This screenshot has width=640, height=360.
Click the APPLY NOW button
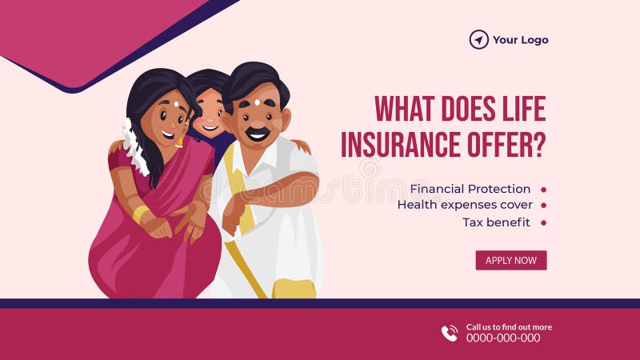pos(511,260)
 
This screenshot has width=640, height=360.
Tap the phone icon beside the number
pos(450,333)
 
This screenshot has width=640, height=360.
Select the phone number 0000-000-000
pos(503,338)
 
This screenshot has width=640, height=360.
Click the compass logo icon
pos(478,39)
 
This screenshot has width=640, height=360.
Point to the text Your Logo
pos(520,40)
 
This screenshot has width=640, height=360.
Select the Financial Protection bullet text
pos(470,189)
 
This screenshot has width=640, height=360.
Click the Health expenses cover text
pos(465,205)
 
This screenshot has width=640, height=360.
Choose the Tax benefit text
pos(496,222)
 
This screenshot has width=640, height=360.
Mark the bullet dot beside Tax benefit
pos(544,222)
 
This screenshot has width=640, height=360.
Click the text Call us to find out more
pos(509,326)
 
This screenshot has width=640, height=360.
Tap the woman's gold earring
pos(180,142)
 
